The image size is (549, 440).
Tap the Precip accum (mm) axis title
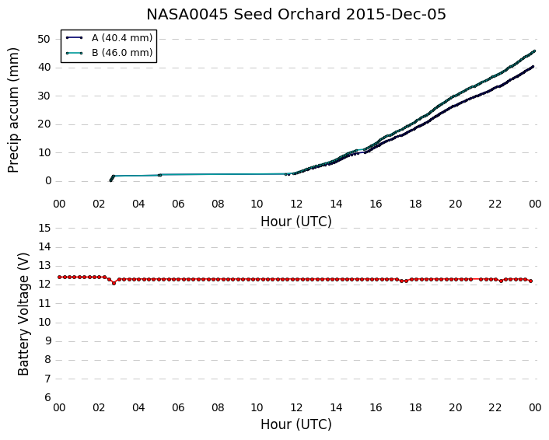coord(13,110)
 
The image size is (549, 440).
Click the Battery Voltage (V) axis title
coord(23,314)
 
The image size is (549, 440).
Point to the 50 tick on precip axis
coord(44,39)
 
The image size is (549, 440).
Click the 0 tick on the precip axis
coord(48,181)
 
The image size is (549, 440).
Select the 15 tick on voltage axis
coord(44,229)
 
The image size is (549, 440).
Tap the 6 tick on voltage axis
coord(47,398)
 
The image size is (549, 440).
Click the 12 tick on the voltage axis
coord(44,285)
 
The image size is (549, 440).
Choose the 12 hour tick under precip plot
coord(296,204)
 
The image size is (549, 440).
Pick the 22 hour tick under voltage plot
coord(495,408)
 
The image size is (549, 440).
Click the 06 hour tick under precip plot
coord(178,204)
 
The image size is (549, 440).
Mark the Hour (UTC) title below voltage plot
coord(295,424)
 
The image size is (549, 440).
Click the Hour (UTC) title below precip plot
coord(295,222)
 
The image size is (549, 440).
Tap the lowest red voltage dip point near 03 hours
coord(114,283)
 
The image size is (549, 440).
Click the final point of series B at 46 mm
coord(534,51)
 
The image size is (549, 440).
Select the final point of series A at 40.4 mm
coord(533,67)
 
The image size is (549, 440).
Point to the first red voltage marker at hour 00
coord(60,277)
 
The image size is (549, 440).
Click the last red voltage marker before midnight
coord(531,281)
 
